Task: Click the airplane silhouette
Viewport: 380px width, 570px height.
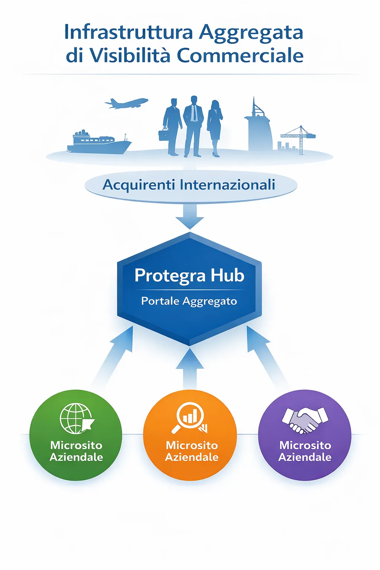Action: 126,103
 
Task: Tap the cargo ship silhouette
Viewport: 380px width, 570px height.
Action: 99,143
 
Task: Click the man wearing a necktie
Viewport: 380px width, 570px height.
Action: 193,126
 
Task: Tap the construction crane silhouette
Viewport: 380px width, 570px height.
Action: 298,139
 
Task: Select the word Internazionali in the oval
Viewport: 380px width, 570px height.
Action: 227,184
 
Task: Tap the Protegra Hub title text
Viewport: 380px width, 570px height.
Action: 190,276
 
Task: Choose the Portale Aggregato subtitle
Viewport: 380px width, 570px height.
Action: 189,301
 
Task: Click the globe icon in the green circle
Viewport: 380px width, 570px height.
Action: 77,418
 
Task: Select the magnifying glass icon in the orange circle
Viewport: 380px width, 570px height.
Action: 190,418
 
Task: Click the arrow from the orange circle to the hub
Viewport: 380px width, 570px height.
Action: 190,369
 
